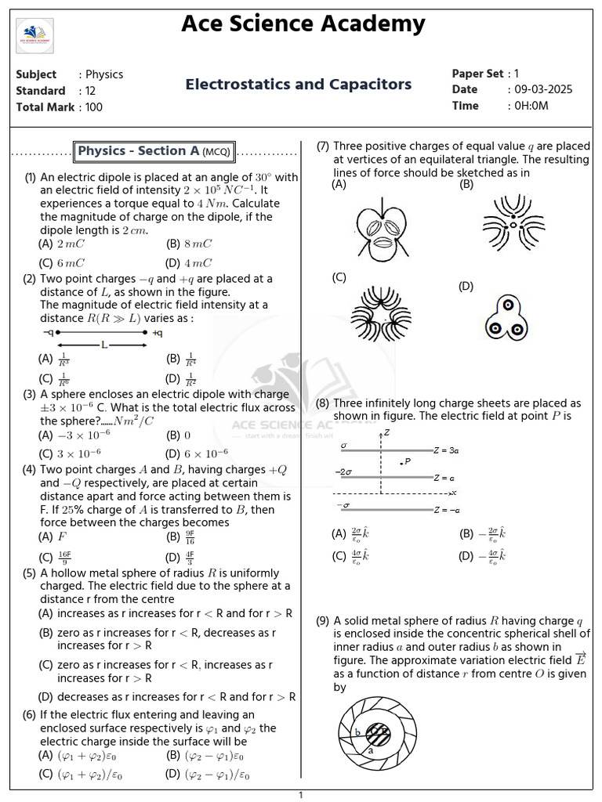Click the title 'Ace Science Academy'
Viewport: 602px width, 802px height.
click(x=303, y=23)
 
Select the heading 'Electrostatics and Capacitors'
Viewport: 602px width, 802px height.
click(x=298, y=84)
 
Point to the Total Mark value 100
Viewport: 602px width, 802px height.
click(x=94, y=107)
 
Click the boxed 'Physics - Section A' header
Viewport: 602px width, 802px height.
click(x=156, y=151)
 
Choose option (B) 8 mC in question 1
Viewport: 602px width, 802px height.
click(x=188, y=244)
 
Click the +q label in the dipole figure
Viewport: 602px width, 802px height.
click(x=157, y=333)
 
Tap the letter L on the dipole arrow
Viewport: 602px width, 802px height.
click(x=103, y=345)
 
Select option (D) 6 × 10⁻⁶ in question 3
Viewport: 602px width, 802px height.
click(x=197, y=453)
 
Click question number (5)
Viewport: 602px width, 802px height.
click(x=29, y=573)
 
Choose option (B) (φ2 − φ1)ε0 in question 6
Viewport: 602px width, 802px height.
click(x=205, y=756)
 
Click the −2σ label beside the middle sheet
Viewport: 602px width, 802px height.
click(x=343, y=472)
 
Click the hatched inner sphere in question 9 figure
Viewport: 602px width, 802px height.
click(x=379, y=734)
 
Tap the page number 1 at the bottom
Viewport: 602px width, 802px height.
click(x=300, y=796)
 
